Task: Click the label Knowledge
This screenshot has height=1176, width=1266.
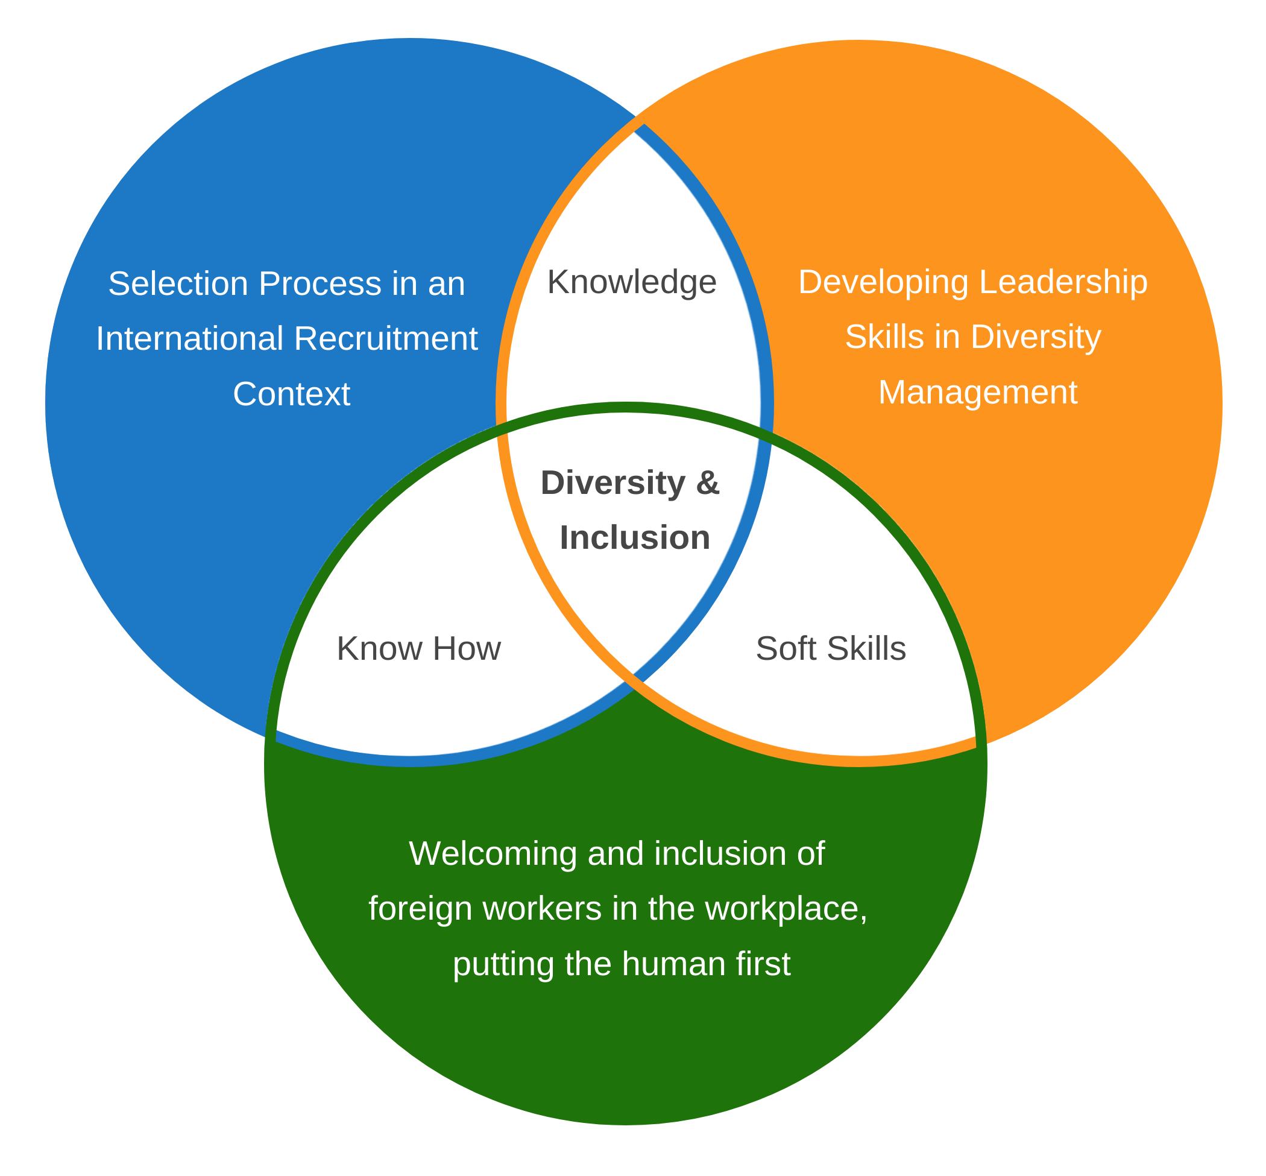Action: (x=631, y=282)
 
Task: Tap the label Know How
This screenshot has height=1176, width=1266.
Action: (x=418, y=648)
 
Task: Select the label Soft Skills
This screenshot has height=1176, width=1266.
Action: (x=830, y=648)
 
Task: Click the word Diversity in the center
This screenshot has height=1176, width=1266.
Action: (x=613, y=483)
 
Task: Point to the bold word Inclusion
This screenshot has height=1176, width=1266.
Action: (x=634, y=538)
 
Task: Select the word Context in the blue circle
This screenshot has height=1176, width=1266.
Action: (x=291, y=394)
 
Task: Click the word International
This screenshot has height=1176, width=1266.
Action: (x=189, y=338)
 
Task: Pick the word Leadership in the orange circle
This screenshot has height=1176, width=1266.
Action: (x=1063, y=282)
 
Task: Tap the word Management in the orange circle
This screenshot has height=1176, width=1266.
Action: (x=977, y=392)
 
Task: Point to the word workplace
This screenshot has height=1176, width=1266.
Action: (x=784, y=908)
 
